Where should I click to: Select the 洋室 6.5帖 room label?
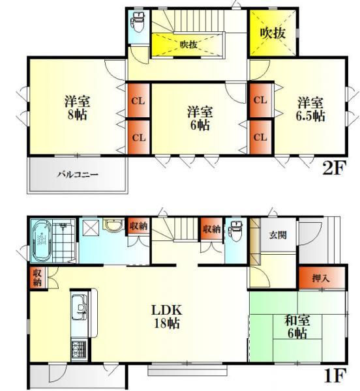click(310, 108)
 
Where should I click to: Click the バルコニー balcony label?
click(77, 175)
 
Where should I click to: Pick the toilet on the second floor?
click(138, 23)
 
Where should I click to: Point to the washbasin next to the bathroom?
click(113, 227)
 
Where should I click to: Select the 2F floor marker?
click(333, 169)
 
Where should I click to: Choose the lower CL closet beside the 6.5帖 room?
click(260, 137)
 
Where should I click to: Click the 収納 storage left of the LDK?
click(37, 278)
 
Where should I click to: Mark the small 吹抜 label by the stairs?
click(188, 44)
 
